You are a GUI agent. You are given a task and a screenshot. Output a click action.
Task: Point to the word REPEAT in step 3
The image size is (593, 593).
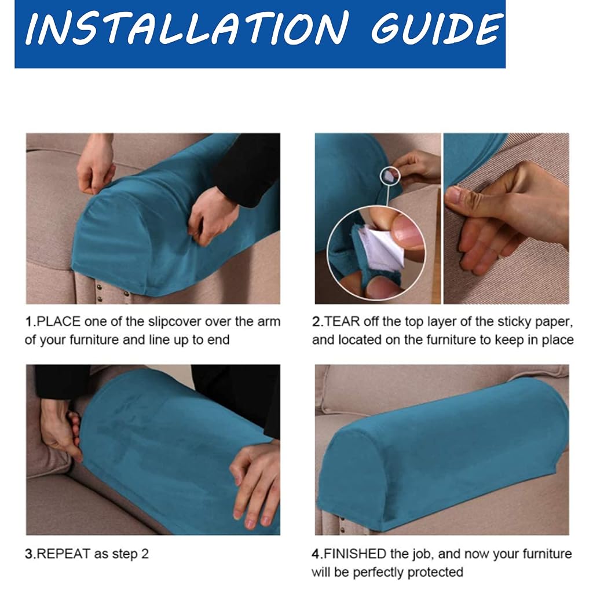coord(64,554)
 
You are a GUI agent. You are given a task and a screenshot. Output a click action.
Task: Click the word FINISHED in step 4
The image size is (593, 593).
coord(355,554)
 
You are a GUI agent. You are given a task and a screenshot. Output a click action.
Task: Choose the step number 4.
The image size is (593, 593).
coord(316,554)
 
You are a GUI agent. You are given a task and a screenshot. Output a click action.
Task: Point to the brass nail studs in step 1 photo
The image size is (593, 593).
coord(99,293)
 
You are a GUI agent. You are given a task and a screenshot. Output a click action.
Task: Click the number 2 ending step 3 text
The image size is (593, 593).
coord(145,554)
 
